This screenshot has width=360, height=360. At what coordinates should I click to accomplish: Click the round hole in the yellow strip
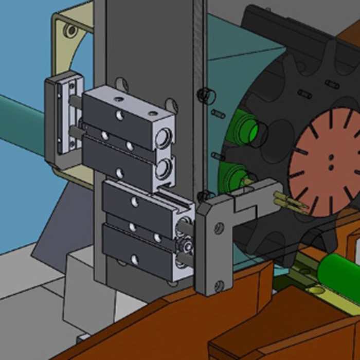(x=315, y=292)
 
